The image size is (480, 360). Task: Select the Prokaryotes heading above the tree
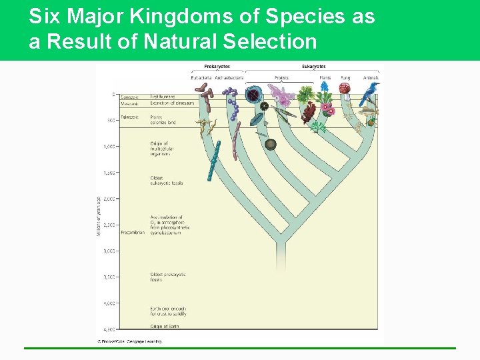click(x=217, y=67)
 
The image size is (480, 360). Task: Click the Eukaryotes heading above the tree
click(x=313, y=67)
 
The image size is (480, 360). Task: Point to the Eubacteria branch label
click(x=201, y=78)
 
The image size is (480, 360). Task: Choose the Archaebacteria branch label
click(x=229, y=78)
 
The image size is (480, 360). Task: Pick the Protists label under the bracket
click(x=281, y=78)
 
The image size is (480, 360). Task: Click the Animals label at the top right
click(x=371, y=78)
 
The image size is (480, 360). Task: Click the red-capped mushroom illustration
click(x=345, y=89)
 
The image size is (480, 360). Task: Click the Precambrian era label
click(x=133, y=233)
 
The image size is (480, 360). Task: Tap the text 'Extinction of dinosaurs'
click(x=172, y=103)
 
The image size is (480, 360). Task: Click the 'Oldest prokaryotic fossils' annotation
click(x=167, y=277)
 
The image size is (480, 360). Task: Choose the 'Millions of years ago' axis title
click(x=99, y=215)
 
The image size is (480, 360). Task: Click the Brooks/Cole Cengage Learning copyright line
click(x=130, y=341)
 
